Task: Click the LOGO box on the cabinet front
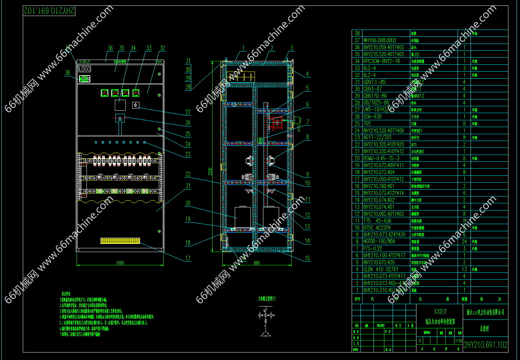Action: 85,69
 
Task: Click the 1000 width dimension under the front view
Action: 120,263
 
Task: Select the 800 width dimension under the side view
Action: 257,263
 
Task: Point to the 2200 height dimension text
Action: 210,171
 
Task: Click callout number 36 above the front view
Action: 110,48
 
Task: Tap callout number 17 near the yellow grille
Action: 188,258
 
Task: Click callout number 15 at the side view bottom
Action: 307,258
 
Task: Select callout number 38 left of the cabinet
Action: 67,73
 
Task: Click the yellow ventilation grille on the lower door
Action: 120,240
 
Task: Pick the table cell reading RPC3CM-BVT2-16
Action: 382,61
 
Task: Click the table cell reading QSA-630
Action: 372,116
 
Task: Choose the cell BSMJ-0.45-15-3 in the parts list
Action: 381,158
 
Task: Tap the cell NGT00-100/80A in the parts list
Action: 379,241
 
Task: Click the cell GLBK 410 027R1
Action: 381,269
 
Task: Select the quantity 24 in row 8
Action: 464,241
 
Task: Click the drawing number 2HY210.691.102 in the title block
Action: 486,345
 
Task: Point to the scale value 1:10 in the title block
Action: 459,341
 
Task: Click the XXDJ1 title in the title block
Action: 440,312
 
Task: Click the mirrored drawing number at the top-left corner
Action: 49,11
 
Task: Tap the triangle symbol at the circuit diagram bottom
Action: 266,333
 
